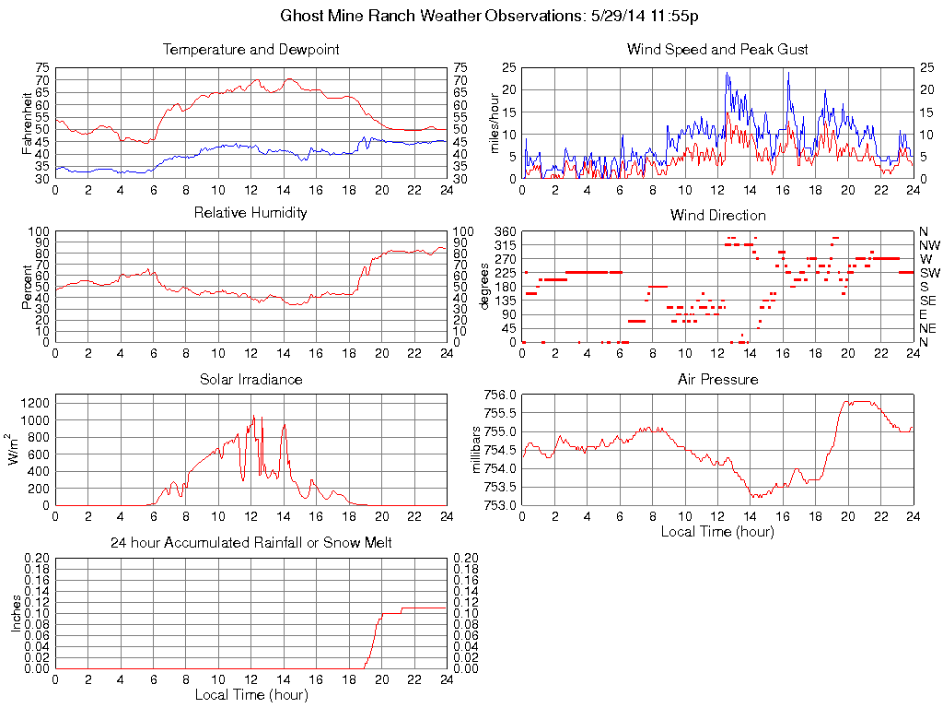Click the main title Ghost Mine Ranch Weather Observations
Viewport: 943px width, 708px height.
pyautogui.click(x=489, y=17)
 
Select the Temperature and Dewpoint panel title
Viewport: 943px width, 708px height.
pyautogui.click(x=250, y=50)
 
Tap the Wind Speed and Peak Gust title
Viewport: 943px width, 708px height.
pyautogui.click(x=717, y=50)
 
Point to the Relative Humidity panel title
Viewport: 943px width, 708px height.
pyautogui.click(x=250, y=213)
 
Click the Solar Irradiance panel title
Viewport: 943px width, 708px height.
pyautogui.click(x=250, y=379)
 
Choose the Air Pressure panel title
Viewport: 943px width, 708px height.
pyautogui.click(x=717, y=379)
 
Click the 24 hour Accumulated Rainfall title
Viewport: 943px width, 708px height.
pyautogui.click(x=250, y=543)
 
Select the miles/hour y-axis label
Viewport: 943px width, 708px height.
pyautogui.click(x=495, y=123)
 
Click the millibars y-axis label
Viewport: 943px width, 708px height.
pyautogui.click(x=476, y=449)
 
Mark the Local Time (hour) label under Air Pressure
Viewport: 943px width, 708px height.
pyautogui.click(x=717, y=531)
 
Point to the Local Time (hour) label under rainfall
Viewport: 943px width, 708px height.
pyautogui.click(x=250, y=694)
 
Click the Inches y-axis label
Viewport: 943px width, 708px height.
pyautogui.click(x=16, y=613)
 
